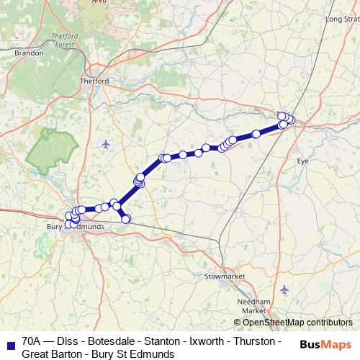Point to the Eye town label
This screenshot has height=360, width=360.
click(x=303, y=161)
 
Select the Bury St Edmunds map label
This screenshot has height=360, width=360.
click(x=81, y=226)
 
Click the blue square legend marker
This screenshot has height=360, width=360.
click(x=9, y=341)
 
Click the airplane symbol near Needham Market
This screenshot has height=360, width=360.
click(x=284, y=289)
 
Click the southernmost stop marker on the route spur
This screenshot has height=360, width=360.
click(x=126, y=219)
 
